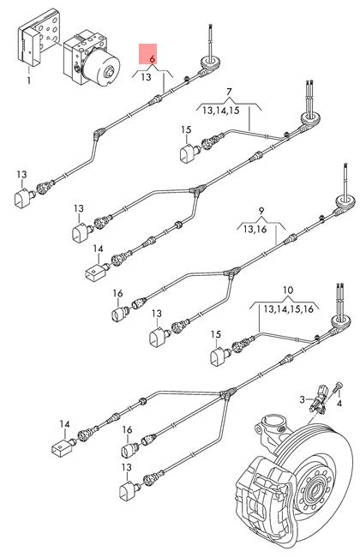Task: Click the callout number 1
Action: [29, 81]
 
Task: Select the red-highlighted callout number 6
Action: [153, 59]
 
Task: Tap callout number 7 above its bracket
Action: [229, 93]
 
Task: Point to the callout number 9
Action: [261, 211]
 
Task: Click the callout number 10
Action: [288, 290]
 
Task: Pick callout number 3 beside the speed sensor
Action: [302, 399]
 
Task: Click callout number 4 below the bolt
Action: [339, 404]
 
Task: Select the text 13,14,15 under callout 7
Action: [221, 111]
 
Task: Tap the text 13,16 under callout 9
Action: [255, 229]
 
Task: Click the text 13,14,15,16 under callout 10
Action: [289, 309]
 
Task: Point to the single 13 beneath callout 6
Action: [146, 77]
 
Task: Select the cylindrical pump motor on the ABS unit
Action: [101, 67]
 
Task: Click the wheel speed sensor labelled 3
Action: [318, 399]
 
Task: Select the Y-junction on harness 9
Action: [231, 273]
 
